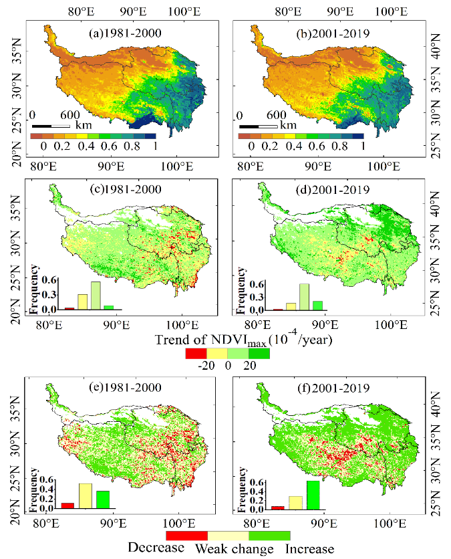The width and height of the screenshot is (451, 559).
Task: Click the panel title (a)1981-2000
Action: (125, 33)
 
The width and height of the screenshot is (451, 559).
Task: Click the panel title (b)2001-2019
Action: (333, 33)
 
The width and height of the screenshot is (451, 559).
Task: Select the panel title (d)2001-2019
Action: (333, 190)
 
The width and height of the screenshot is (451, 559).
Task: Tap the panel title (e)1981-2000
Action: (125, 387)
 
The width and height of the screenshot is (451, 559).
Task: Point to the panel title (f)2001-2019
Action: (333, 388)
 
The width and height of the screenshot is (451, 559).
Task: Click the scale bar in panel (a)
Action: (51, 126)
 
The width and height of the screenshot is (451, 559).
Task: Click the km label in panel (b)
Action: (288, 125)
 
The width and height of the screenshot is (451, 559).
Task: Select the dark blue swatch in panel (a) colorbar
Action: (150, 136)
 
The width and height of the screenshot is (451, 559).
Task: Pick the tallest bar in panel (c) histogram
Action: (96, 296)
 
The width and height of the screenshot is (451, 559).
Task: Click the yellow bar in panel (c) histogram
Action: (83, 302)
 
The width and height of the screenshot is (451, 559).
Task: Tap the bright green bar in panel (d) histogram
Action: (317, 306)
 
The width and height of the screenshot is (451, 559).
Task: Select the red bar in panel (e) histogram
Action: (67, 506)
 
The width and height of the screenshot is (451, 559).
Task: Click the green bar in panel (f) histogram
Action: (313, 495)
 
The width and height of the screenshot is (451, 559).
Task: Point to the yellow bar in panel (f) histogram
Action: (296, 503)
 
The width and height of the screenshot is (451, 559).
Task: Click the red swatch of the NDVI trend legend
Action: (196, 353)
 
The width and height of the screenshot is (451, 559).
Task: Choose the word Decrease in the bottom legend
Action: (156, 548)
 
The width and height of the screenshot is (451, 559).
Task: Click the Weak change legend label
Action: (235, 549)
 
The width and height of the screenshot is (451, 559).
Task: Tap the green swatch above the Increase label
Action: (269, 536)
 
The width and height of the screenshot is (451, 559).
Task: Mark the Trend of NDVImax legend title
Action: (244, 339)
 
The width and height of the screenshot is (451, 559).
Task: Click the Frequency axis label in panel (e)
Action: (34, 489)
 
